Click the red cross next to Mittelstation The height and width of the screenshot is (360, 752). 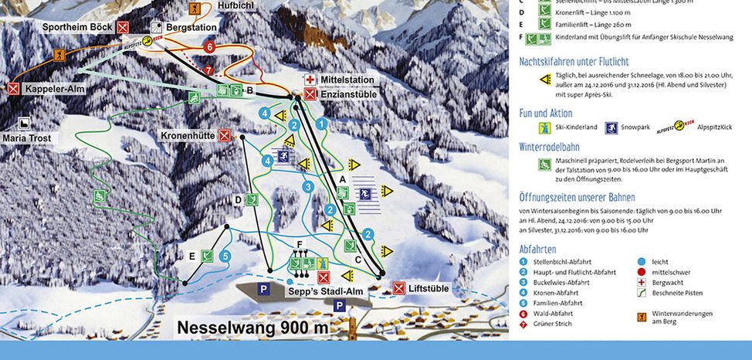[x=310, y=80]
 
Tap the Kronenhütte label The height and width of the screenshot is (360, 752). [x=188, y=135]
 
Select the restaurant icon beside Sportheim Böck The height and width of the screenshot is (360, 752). [x=124, y=27]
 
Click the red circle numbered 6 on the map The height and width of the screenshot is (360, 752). [x=208, y=47]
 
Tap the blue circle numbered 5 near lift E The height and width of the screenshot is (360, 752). [x=225, y=255]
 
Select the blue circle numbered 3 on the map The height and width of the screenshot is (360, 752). [x=308, y=186]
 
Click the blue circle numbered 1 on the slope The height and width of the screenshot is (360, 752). [x=322, y=123]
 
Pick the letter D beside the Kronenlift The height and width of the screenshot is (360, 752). [x=239, y=200]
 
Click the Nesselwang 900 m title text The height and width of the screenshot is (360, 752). [x=252, y=328]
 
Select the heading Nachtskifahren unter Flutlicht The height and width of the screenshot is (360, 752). [x=574, y=61]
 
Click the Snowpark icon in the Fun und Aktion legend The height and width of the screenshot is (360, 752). [x=614, y=127]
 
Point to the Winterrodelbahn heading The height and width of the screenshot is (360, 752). [x=558, y=144]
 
